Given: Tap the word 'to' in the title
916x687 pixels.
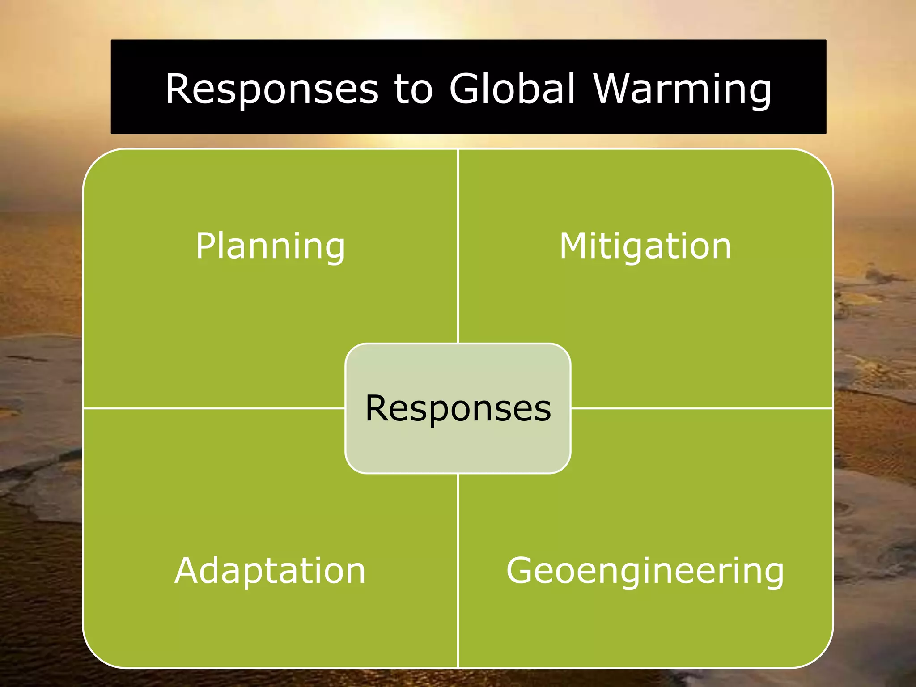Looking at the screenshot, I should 414,89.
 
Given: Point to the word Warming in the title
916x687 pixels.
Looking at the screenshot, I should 683,89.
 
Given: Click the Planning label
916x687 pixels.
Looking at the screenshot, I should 270,246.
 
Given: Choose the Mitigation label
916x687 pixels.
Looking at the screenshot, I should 645,246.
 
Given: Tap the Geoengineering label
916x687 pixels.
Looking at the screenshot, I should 645,571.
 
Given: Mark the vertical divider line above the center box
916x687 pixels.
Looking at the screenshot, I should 458,246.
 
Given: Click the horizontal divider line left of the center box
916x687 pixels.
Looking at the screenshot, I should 215,408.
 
